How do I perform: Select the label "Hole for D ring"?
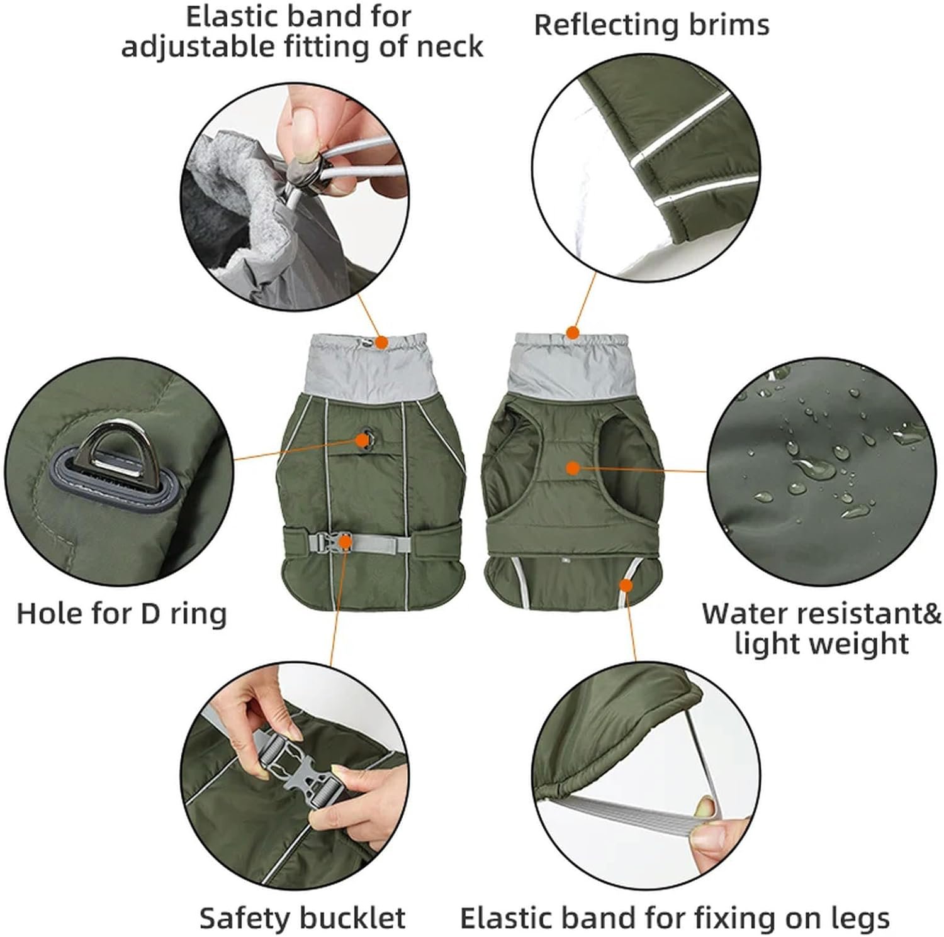(x=121, y=613)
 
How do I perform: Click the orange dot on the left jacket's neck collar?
(x=381, y=342)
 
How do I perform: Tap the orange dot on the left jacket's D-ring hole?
(x=363, y=441)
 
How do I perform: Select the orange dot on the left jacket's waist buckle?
(x=345, y=541)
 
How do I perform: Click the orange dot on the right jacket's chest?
(x=572, y=468)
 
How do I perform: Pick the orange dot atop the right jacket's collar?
(x=572, y=332)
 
